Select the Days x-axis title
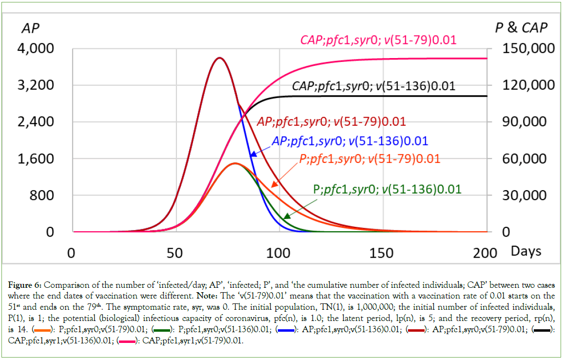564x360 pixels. pos(526,251)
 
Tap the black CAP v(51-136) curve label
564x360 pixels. pos(373,86)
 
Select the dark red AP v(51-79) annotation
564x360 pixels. pos(331,122)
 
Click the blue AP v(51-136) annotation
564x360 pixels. pos(350,141)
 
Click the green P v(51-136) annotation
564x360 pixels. pos(387,189)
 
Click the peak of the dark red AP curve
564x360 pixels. pos(220,58)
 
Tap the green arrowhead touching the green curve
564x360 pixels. pos(286,217)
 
